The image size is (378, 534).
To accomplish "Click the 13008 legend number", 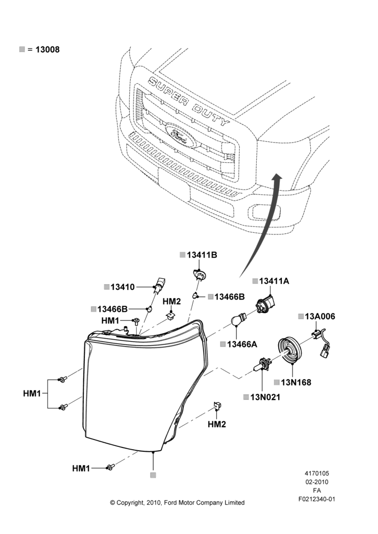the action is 48,50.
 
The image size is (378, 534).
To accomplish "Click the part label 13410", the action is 123,287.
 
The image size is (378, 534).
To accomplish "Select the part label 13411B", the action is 202,255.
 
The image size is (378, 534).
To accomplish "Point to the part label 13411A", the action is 274,281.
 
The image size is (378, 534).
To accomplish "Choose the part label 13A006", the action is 320,316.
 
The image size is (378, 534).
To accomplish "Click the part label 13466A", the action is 242,344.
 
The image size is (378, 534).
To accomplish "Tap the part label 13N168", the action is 296,382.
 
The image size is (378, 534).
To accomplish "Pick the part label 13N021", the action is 265,397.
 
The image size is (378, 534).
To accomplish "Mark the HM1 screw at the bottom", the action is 110,467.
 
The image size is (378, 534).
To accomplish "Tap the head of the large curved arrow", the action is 278,177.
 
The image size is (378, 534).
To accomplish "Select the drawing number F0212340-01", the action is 317,499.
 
